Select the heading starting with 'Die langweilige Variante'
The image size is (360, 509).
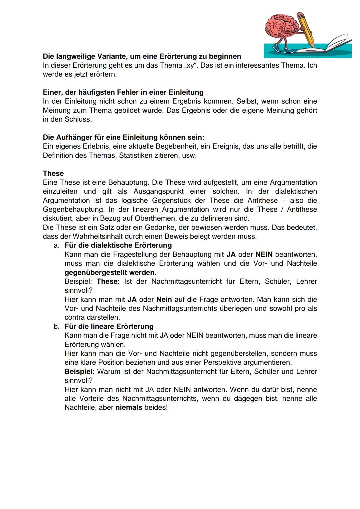click(x=142, y=56)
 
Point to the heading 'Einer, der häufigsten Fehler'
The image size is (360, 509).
click(x=123, y=92)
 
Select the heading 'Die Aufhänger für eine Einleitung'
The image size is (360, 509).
click(x=123, y=137)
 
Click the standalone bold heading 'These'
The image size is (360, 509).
click(x=53, y=173)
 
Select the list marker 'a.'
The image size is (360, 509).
click(x=57, y=245)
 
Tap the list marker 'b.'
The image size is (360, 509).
click(x=57, y=326)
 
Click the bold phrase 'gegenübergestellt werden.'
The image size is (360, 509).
click(x=110, y=272)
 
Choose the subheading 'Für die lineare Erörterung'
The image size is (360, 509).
click(x=109, y=326)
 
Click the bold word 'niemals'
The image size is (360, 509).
click(x=129, y=407)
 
